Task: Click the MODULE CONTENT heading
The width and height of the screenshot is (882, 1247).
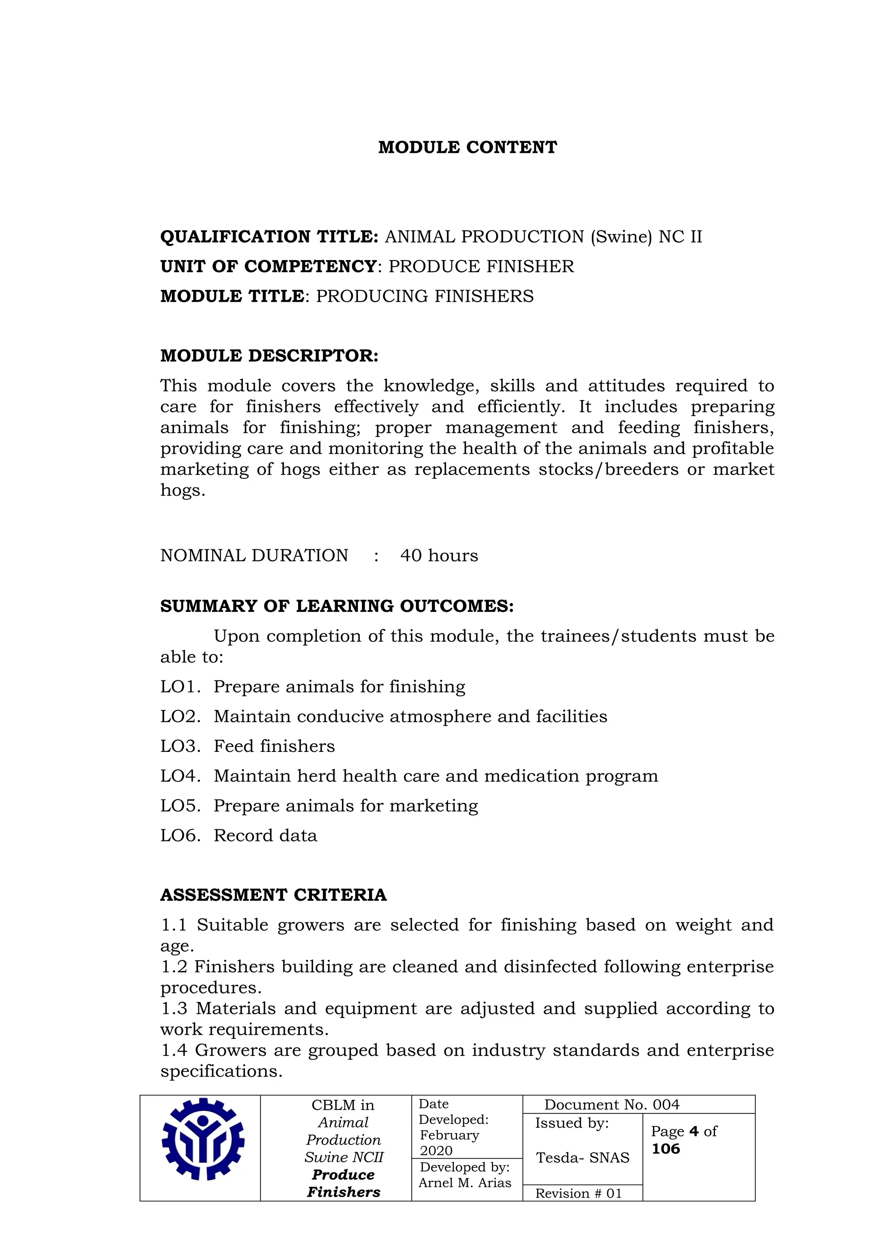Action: point(467,147)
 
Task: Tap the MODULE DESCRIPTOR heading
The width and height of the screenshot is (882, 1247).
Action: point(269,356)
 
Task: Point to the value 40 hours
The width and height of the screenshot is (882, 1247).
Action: point(439,555)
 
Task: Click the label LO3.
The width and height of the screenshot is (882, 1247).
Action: point(180,746)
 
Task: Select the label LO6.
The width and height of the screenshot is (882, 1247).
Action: point(180,835)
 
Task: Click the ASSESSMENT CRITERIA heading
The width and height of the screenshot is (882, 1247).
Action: point(273,895)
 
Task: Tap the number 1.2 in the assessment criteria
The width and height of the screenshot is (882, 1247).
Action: point(174,967)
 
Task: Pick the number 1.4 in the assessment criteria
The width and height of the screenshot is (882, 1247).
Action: point(174,1050)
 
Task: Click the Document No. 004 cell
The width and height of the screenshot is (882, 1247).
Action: point(612,1105)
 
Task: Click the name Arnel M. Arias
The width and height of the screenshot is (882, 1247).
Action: point(465,1182)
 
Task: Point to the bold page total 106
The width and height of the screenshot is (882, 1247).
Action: point(665,1149)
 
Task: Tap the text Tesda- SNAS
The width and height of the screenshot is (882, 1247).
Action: point(582,1157)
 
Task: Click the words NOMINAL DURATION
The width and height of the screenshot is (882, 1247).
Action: point(254,555)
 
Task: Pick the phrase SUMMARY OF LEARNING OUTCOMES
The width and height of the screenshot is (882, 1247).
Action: point(336,606)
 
